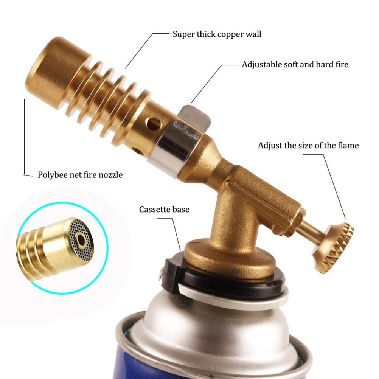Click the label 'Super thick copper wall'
point(217,34)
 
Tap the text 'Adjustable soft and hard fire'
point(295,64)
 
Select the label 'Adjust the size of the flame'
point(308,146)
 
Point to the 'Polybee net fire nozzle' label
point(80,175)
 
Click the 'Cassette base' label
point(164,209)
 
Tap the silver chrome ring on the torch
point(173,149)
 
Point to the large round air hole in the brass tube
point(154,123)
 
